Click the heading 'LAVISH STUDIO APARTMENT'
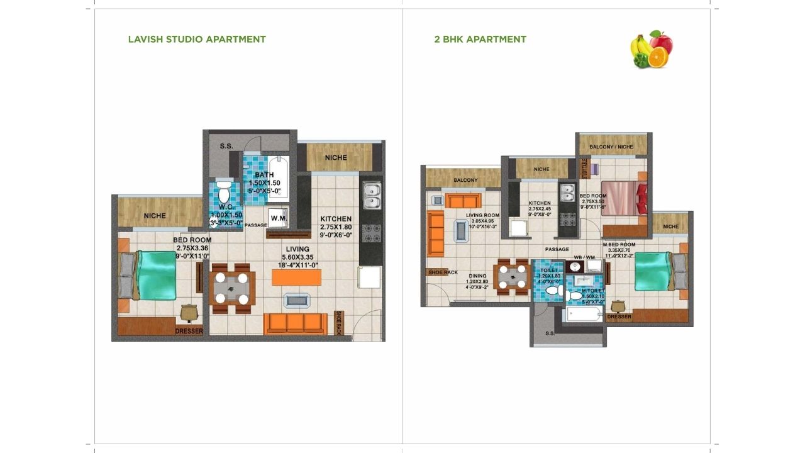pos(197,39)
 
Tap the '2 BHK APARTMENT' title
pos(480,39)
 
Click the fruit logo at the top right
pos(652,50)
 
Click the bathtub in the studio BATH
pos(277,179)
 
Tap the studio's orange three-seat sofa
pos(296,323)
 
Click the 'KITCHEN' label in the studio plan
pos(335,219)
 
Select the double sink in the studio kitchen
pos(371,195)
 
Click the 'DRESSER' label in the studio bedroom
pos(188,330)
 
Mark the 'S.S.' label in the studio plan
pos(226,147)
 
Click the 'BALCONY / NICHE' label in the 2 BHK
pos(611,147)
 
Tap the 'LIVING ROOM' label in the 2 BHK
pos(482,216)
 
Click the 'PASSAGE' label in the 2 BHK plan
pos(557,249)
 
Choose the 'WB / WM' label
pos(584,257)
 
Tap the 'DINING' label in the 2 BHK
pos(477,276)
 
